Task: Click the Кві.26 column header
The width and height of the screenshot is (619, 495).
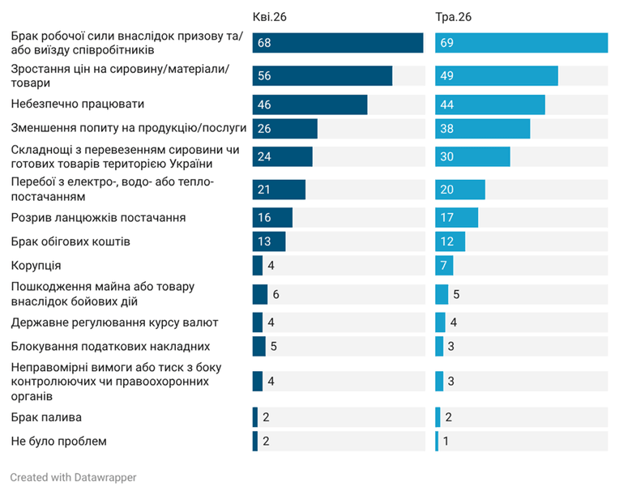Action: [x=269, y=17]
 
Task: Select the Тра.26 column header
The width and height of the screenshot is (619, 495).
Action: [x=453, y=17]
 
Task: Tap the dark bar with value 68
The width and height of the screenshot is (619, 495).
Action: [x=338, y=43]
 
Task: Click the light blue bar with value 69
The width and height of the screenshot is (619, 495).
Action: [x=522, y=43]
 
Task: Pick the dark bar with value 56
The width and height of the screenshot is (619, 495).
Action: [x=322, y=76]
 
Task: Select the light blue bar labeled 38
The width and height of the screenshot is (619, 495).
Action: [x=483, y=129]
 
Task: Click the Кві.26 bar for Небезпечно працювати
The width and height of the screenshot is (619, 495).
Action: [x=309, y=105]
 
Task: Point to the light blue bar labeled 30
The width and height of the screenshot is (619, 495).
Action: [x=472, y=156]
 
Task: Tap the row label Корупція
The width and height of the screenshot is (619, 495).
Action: [x=36, y=266]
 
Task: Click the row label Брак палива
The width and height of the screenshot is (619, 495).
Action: [x=46, y=417]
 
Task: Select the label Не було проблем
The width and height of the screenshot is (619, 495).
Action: [x=59, y=442]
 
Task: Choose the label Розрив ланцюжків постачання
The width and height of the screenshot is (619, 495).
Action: [x=98, y=217]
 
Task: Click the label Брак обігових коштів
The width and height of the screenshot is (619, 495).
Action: [x=70, y=241]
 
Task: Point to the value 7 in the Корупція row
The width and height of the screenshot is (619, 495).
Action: [x=444, y=265]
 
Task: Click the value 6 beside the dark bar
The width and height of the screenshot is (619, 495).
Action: [x=276, y=294]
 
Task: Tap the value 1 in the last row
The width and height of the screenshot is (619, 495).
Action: [x=446, y=441]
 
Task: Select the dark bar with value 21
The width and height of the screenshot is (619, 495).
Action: [x=279, y=190]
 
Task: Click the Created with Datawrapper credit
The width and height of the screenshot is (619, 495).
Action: [x=73, y=477]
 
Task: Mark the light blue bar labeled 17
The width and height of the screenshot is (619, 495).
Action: [x=457, y=217]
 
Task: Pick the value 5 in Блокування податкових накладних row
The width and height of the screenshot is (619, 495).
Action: [x=274, y=346]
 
